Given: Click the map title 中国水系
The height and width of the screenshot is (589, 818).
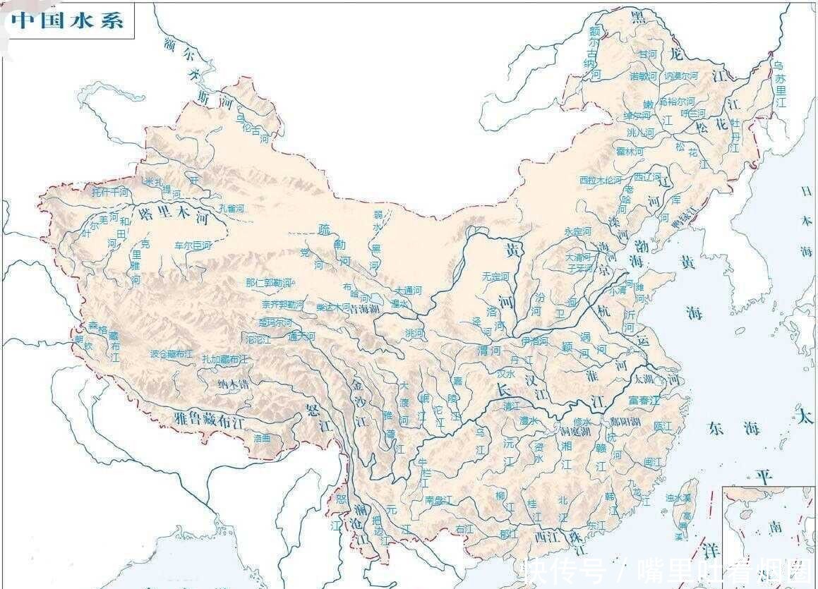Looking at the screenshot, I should point(68,20).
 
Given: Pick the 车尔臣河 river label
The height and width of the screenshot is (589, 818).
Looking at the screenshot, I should point(193,245).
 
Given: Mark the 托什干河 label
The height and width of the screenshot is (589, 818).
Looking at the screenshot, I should point(110,191).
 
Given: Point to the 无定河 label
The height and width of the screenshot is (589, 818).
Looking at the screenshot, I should point(495,277).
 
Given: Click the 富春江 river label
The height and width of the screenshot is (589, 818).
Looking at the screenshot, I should point(643,400).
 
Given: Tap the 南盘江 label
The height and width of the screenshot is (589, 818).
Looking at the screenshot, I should point(438,500).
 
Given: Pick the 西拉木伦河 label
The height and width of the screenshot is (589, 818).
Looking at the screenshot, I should point(601,180).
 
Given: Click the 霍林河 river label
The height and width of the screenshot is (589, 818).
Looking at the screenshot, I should point(630,151).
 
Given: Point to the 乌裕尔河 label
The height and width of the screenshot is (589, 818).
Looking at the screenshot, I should point(676,102).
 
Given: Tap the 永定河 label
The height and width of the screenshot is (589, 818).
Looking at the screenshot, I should point(578,231).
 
